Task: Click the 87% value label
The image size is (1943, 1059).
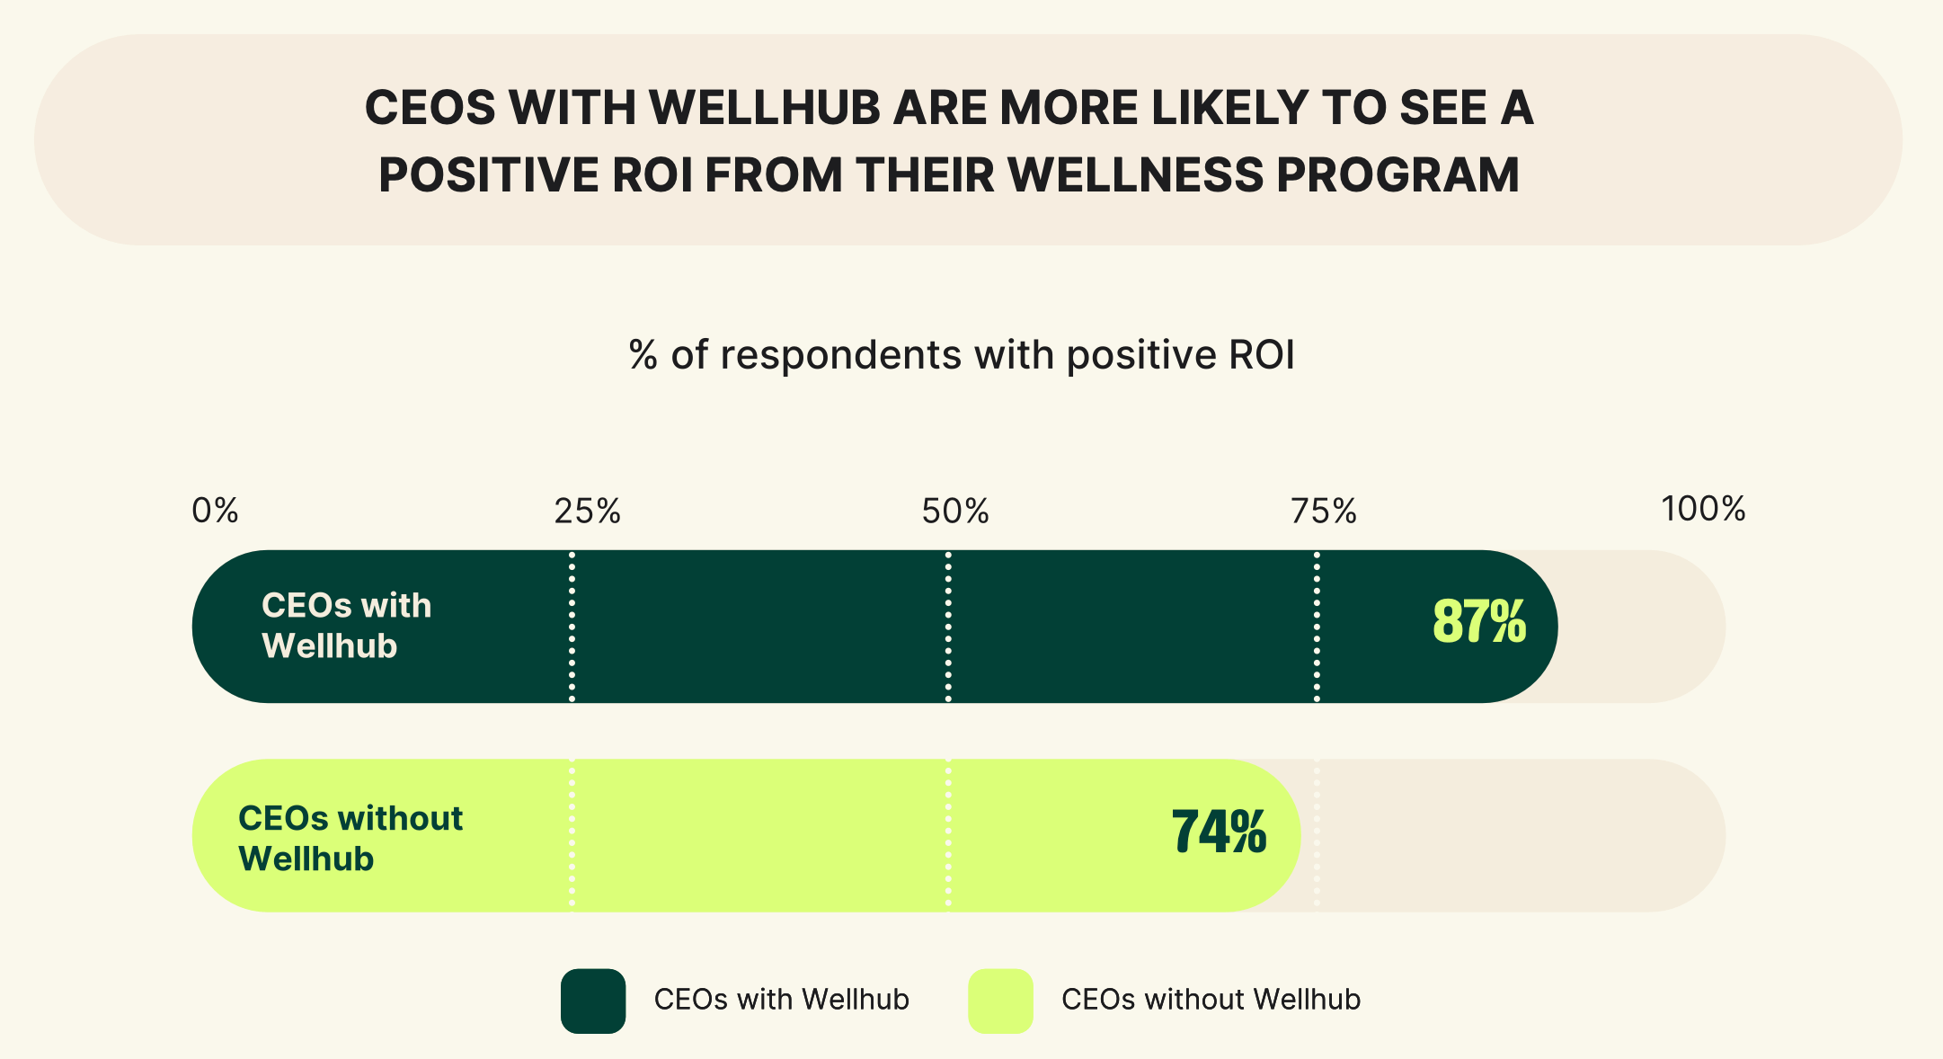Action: click(1478, 622)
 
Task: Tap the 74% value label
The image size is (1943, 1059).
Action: click(1219, 832)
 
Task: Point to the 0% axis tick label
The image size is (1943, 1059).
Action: click(216, 511)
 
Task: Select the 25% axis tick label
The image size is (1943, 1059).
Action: click(587, 512)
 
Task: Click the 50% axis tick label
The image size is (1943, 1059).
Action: click(955, 512)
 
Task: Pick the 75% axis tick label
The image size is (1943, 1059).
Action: click(1324, 512)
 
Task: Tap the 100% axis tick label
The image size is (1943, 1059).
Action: click(1703, 509)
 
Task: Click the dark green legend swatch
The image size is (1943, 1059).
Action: click(593, 1001)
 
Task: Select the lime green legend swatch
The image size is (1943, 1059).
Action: click(1000, 1001)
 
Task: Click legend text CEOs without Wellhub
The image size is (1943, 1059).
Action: click(1211, 1000)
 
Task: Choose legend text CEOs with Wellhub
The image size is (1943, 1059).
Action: click(781, 1000)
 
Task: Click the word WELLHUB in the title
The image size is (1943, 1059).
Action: click(765, 108)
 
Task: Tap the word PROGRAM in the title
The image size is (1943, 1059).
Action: click(1397, 175)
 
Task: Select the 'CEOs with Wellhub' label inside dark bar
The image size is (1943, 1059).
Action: click(346, 626)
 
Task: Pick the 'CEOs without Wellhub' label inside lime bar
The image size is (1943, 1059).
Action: click(350, 838)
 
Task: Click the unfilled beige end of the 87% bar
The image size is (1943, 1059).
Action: click(1645, 627)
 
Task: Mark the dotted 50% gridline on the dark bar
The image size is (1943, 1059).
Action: click(948, 627)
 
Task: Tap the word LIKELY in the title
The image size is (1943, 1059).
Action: click(1229, 108)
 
